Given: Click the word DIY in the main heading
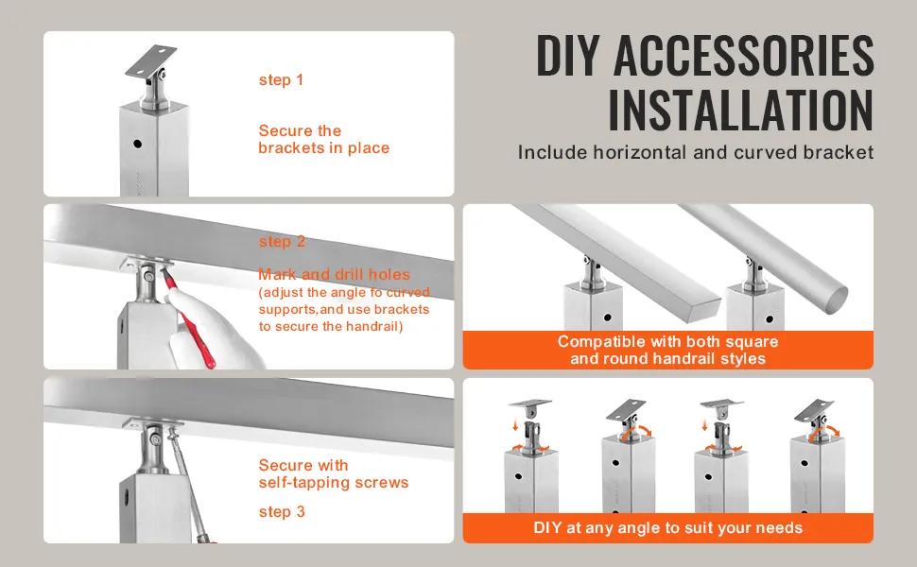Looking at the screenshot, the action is (568, 56).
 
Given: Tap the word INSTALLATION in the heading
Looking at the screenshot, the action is (741, 111).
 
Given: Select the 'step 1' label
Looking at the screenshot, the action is (282, 80).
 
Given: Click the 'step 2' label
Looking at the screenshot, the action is (282, 241).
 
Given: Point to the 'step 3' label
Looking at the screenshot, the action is (282, 512).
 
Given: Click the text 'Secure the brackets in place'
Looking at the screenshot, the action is (324, 139).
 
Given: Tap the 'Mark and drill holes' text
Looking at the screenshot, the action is (334, 274).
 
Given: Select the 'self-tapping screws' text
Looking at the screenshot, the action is (334, 483).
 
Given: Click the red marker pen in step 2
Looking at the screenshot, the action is (188, 316).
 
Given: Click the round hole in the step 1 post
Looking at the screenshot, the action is (137, 144).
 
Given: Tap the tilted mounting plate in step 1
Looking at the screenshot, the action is (151, 60).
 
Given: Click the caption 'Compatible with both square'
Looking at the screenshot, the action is (667, 341).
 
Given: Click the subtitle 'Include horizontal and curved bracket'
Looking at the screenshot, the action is (696, 152).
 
